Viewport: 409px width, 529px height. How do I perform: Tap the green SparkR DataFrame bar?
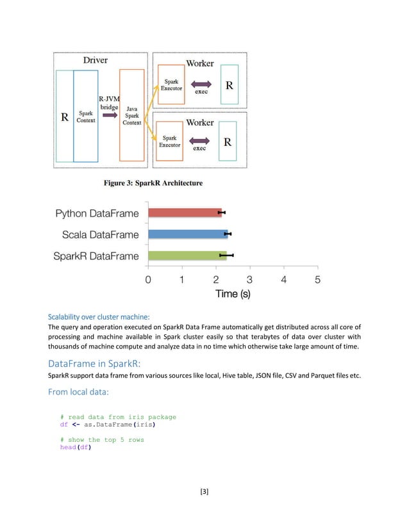click(x=187, y=256)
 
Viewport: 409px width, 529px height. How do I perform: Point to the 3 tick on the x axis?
click(x=249, y=279)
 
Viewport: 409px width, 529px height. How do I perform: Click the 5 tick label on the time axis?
click(x=317, y=279)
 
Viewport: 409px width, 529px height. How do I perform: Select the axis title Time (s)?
click(x=233, y=295)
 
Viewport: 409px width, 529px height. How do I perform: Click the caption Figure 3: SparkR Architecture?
click(x=153, y=183)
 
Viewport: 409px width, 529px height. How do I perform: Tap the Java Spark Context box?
click(x=132, y=115)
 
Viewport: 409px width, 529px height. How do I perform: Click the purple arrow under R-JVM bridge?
click(x=107, y=116)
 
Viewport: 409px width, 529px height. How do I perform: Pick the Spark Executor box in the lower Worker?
click(x=170, y=142)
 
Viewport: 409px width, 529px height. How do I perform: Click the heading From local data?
click(x=79, y=392)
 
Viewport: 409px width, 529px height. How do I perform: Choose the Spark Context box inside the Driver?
click(x=85, y=117)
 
